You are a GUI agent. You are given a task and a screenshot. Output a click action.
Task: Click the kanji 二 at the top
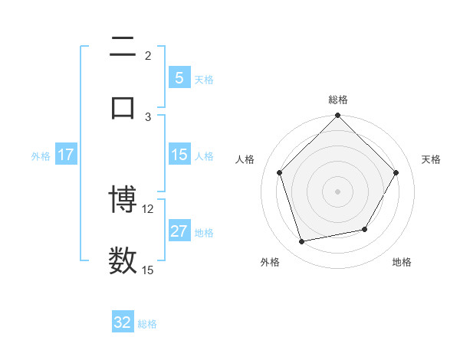click(x=123, y=48)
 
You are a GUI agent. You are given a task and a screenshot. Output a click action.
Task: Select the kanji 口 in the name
click(x=123, y=106)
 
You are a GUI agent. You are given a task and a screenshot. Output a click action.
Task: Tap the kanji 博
click(x=123, y=201)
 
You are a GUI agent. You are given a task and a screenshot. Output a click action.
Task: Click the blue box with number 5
click(x=179, y=78)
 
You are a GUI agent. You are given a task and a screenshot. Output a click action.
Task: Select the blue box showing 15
click(x=179, y=155)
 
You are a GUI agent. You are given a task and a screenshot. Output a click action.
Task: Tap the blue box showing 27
click(x=179, y=231)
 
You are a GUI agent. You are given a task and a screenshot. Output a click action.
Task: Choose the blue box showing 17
click(x=66, y=155)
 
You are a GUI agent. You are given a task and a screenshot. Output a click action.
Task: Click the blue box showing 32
click(x=123, y=322)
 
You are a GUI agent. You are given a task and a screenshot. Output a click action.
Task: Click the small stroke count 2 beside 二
click(x=148, y=56)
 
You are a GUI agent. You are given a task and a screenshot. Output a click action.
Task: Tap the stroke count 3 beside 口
click(x=148, y=116)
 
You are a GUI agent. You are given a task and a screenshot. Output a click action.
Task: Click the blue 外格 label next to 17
click(x=41, y=155)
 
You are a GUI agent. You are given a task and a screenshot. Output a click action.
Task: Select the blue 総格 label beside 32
click(x=147, y=324)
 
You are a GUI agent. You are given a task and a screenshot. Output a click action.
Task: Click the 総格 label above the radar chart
click(x=338, y=100)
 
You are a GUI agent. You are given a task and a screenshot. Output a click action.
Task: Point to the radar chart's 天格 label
click(x=432, y=159)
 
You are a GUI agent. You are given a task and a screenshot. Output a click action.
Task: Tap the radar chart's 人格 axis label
click(x=245, y=159)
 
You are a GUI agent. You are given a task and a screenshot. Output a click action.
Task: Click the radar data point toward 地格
click(x=365, y=229)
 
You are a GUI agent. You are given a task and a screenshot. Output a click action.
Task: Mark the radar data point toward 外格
click(x=302, y=242)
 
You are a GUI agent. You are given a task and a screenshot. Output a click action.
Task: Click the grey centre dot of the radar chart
click(x=338, y=191)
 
